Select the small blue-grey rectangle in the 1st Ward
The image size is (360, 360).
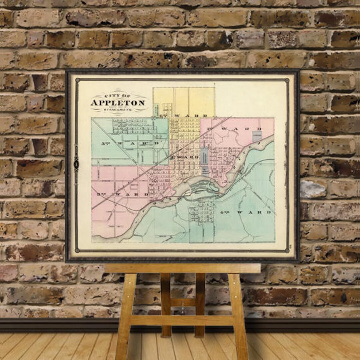pos(257,136)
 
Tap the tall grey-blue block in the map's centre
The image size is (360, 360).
pos(204,160)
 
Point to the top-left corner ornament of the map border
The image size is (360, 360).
pos(78,80)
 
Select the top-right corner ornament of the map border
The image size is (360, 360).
pos(287,80)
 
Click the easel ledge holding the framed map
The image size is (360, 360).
pos(182,268)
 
